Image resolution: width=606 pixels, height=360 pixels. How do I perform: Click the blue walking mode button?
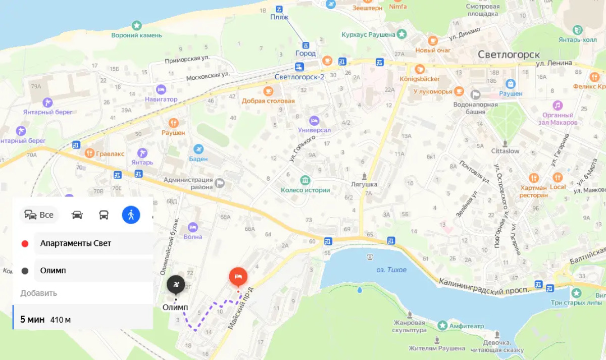[131, 215]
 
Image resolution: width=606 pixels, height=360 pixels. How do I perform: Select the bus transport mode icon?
[104, 215]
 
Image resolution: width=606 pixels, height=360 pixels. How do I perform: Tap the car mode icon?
[77, 215]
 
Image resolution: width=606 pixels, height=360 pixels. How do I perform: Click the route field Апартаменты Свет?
[93, 243]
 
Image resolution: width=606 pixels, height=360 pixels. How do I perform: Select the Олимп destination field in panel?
[93, 271]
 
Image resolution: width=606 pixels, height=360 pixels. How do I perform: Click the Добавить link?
[39, 293]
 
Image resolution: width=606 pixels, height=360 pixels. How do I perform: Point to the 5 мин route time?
[32, 320]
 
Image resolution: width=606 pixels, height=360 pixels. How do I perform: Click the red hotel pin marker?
[238, 277]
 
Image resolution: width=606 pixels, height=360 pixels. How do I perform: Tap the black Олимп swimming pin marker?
[176, 285]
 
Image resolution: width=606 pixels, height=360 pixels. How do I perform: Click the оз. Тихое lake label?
[391, 270]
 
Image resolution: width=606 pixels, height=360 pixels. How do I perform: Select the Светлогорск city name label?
[509, 55]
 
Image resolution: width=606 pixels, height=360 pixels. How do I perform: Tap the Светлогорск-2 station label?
[299, 77]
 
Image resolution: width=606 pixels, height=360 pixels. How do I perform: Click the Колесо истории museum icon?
[305, 180]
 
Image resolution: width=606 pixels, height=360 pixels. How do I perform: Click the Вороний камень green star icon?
[136, 25]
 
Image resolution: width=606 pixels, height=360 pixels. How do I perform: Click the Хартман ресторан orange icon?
[534, 178]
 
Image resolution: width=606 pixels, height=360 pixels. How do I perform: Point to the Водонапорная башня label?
[475, 108]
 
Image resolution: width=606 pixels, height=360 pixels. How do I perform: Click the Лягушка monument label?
[364, 184]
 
